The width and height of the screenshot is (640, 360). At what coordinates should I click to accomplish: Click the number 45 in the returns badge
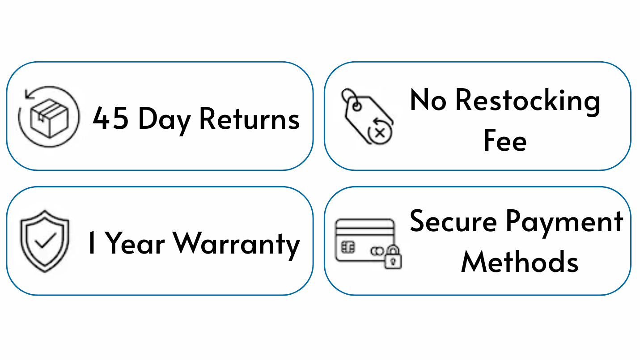[x=110, y=118]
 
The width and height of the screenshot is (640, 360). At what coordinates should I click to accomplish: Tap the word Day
[x=164, y=120]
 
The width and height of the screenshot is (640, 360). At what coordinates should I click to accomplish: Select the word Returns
[x=250, y=119]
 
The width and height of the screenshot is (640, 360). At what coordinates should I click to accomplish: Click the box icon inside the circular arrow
[x=49, y=118]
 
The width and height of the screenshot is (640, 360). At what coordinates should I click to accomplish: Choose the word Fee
[x=505, y=140]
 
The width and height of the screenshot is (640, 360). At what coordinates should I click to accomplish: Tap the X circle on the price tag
[x=380, y=132]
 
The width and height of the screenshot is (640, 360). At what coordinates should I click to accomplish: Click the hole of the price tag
[x=357, y=107]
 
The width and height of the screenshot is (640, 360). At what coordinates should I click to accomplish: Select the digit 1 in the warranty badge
[x=92, y=242]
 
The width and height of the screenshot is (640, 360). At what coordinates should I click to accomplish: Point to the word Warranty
[x=236, y=245]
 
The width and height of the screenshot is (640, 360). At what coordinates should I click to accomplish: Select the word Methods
[x=520, y=261]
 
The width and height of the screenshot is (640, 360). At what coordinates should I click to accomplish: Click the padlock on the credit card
[x=393, y=257]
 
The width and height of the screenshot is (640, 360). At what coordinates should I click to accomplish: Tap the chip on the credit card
[x=348, y=247]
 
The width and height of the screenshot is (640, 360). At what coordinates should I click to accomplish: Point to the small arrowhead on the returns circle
[x=29, y=94]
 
